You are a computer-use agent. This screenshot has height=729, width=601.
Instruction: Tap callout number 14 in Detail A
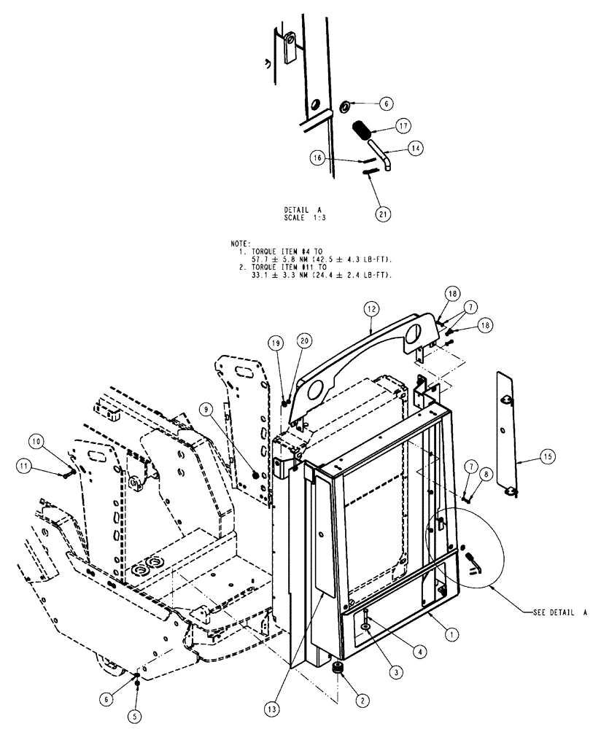click(x=414, y=148)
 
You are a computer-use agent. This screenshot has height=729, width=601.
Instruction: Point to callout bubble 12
click(x=372, y=310)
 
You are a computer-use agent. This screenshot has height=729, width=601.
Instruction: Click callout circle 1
click(x=452, y=635)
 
